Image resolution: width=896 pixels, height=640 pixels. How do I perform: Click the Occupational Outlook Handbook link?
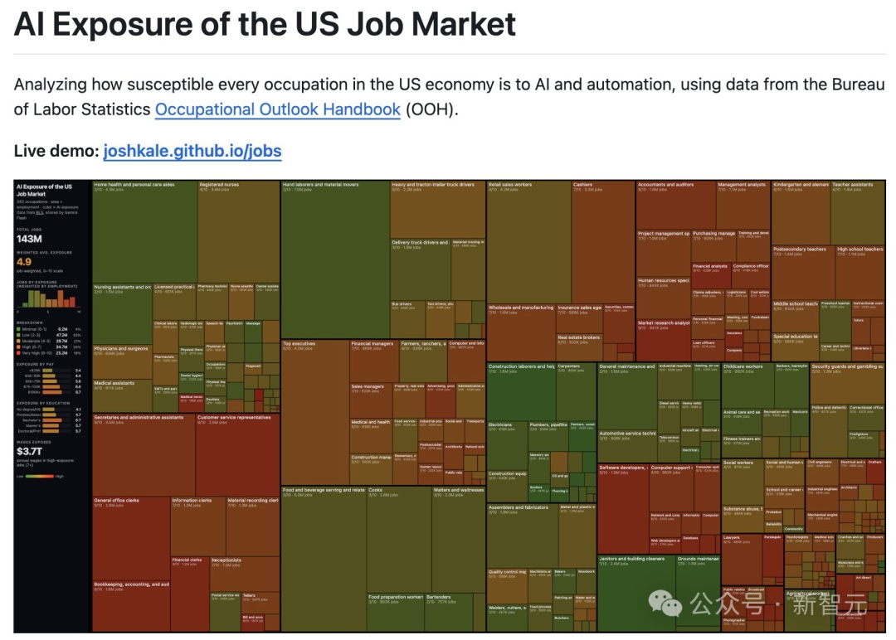pyautogui.click(x=277, y=109)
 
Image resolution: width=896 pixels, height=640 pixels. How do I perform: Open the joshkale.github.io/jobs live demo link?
pyautogui.click(x=192, y=151)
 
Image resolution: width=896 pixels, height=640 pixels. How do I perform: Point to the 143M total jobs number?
pyautogui.click(x=29, y=239)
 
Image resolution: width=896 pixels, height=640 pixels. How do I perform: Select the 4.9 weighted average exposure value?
pyautogui.click(x=24, y=262)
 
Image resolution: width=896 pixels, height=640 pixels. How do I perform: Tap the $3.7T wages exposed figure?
pyautogui.click(x=32, y=451)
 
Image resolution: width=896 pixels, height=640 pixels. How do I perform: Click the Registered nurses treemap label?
pyautogui.click(x=219, y=185)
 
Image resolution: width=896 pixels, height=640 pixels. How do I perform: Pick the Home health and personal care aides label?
pyautogui.click(x=134, y=185)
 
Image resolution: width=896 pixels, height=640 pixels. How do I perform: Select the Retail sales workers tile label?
pyautogui.click(x=510, y=185)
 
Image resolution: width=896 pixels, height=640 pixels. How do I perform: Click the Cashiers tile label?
pyautogui.click(x=583, y=185)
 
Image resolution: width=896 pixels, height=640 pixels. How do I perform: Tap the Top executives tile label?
pyautogui.click(x=299, y=343)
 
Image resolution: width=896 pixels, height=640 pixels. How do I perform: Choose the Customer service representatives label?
pyautogui.click(x=234, y=418)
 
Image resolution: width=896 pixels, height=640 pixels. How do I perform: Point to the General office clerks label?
pyautogui.click(x=117, y=501)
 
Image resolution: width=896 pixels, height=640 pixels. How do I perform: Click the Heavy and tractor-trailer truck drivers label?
pyautogui.click(x=433, y=185)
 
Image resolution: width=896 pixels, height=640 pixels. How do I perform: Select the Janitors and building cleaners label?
pyautogui.click(x=631, y=559)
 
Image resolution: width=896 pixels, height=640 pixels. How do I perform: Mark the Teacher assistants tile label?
pyautogui.click(x=852, y=185)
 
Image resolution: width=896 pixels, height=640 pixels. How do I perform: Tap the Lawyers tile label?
pyautogui.click(x=731, y=537)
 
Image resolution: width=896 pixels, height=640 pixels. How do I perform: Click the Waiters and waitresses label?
pyautogui.click(x=459, y=490)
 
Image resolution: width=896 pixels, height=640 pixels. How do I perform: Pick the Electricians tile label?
pyautogui.click(x=500, y=424)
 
